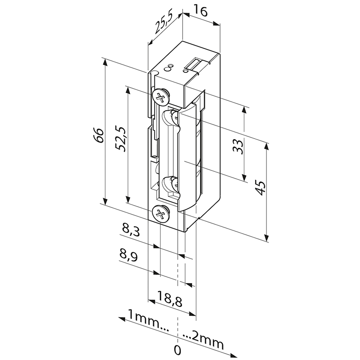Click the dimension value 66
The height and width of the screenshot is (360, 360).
click(100, 135)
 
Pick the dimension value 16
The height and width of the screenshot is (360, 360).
click(202, 12)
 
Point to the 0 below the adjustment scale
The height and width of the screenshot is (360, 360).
click(178, 350)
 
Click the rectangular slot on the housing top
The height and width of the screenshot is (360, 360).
click(195, 64)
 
